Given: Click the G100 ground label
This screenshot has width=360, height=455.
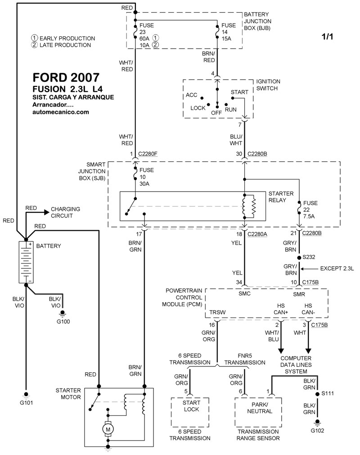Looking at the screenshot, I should click(x=63, y=321).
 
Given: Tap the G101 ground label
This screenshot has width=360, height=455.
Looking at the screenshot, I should click(x=26, y=402).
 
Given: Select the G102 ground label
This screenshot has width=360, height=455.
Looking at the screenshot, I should click(x=317, y=430).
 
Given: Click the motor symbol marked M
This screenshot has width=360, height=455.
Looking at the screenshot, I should click(x=108, y=430).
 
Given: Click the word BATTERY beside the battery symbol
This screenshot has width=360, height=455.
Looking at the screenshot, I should click(x=48, y=246).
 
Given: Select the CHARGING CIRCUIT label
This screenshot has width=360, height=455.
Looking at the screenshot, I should click(x=65, y=212).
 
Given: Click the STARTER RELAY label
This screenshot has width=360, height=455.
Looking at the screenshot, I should click(x=281, y=196).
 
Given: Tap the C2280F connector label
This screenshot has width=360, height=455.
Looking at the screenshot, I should click(x=148, y=154).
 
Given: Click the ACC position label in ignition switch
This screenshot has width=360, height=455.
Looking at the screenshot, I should click(x=191, y=96).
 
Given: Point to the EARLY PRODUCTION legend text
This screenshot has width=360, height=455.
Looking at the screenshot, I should click(x=67, y=38).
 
